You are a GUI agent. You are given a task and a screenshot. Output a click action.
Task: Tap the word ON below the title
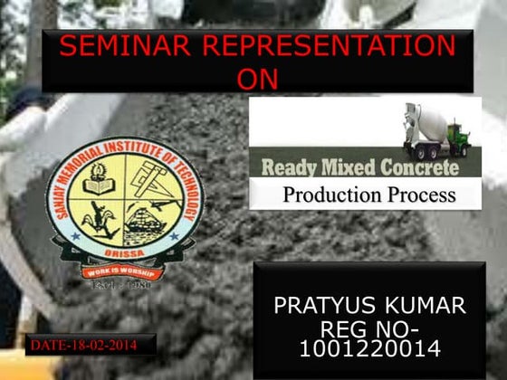(x=256, y=79)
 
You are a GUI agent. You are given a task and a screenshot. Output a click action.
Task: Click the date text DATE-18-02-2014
(x=83, y=345)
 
